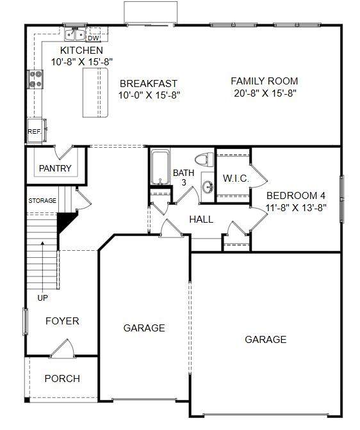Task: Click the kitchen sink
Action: [x=75, y=34]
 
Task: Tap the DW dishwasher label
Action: [x=94, y=38]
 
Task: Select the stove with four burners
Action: [x=36, y=79]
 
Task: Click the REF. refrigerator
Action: [x=37, y=131]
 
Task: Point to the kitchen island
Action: [x=95, y=93]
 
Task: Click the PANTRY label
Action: [x=55, y=168]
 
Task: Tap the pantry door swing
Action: [x=63, y=152]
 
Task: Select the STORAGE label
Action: [x=42, y=201]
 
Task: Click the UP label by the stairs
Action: [x=42, y=298]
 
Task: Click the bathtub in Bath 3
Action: [x=160, y=167]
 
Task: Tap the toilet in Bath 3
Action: [x=204, y=159]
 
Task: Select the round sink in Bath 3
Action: [x=208, y=187]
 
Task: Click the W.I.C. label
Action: [x=236, y=179]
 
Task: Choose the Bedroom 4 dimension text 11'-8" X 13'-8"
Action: [x=296, y=207]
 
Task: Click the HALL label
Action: [x=201, y=219]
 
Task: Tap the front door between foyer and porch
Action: [x=63, y=348]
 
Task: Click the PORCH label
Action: [x=62, y=379]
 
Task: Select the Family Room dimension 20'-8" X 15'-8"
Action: [x=265, y=93]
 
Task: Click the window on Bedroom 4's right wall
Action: [x=342, y=200]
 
